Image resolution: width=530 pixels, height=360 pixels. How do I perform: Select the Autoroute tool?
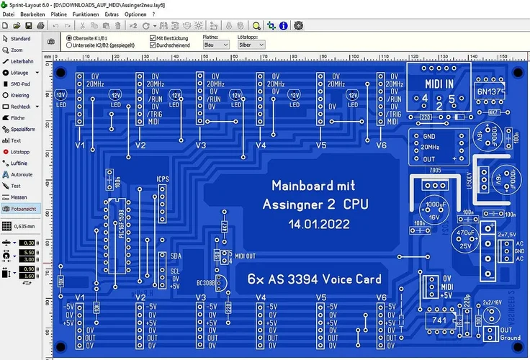22,174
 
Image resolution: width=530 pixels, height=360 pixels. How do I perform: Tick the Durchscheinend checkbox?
153,45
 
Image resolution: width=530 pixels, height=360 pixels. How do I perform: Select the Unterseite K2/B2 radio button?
69,45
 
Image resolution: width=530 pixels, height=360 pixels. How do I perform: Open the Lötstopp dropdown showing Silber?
251,45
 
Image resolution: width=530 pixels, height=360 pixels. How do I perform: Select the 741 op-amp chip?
438,318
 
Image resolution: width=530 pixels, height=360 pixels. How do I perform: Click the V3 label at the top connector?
201,146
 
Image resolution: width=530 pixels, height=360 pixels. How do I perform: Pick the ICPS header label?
163,179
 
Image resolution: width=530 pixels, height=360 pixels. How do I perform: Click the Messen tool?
20,197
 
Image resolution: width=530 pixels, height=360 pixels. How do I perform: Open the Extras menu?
112,14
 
